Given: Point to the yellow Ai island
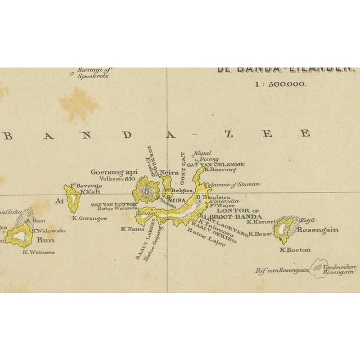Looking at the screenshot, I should (x=73, y=197).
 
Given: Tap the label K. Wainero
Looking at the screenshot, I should (x=38, y=252).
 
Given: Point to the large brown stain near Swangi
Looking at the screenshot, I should (x=78, y=105).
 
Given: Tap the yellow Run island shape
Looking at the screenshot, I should (x=20, y=236).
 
